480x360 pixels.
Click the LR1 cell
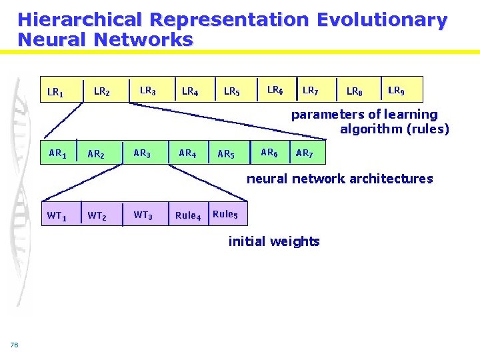[x=56, y=91]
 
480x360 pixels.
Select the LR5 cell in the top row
[x=232, y=91]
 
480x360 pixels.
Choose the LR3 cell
[x=147, y=90]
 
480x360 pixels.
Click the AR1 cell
[x=57, y=153]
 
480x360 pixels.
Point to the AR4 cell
[x=187, y=153]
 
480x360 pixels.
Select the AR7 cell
[x=304, y=153]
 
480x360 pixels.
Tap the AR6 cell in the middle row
[x=269, y=153]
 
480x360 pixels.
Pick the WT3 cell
[x=142, y=215]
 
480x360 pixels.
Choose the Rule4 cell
[x=187, y=215]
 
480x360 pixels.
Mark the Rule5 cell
[x=225, y=214]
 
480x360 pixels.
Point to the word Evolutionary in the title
[x=382, y=20]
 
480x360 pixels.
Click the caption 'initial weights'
[x=274, y=241]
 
